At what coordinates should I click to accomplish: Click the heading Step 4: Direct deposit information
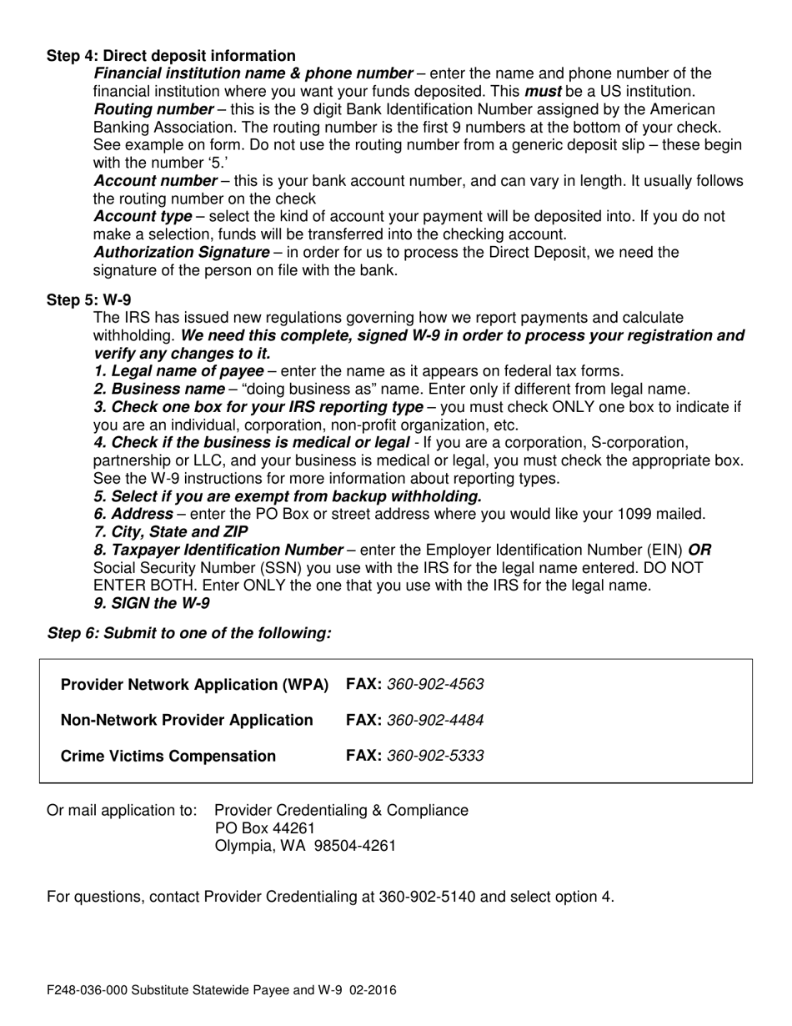coord(171,56)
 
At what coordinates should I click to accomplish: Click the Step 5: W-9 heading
coord(88,299)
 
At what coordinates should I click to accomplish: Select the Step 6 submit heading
coord(189,633)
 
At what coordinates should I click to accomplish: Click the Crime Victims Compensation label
coord(168,756)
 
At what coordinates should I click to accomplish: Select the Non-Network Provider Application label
coord(188,720)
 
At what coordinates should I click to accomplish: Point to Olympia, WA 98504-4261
coord(305,846)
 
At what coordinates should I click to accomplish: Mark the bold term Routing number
coord(154,109)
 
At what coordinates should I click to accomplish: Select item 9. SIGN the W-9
coord(152,603)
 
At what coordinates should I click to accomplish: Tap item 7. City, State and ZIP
coord(171,531)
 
